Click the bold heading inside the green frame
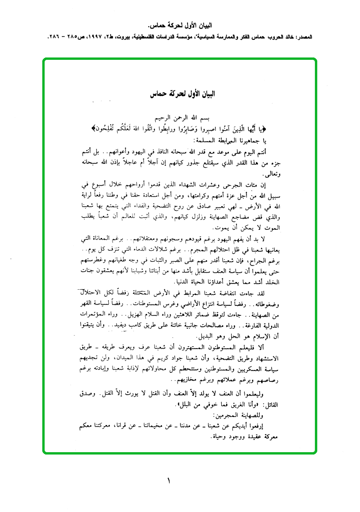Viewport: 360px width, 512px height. pyautogui.click(x=181, y=94)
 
